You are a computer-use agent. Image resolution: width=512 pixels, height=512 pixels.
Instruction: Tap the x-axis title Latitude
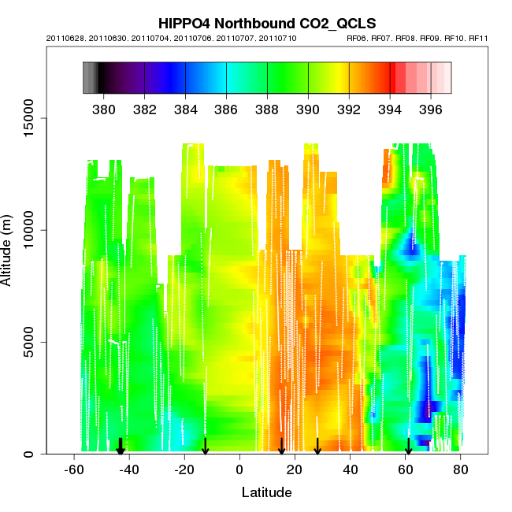(x=266, y=492)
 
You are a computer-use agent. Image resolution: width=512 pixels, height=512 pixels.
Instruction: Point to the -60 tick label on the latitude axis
(x=74, y=470)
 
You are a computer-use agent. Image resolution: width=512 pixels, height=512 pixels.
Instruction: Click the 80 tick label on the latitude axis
(x=461, y=470)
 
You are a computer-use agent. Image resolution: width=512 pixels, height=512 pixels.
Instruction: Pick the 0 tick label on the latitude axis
(x=239, y=470)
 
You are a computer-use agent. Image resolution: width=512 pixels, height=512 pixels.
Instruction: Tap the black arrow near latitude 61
(x=408, y=447)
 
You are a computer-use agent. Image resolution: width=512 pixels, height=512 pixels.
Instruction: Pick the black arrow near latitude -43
(x=121, y=447)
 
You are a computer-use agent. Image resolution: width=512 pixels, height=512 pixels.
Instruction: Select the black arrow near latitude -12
(x=206, y=447)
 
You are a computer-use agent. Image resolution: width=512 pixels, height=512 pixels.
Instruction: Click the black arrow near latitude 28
(x=317, y=447)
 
